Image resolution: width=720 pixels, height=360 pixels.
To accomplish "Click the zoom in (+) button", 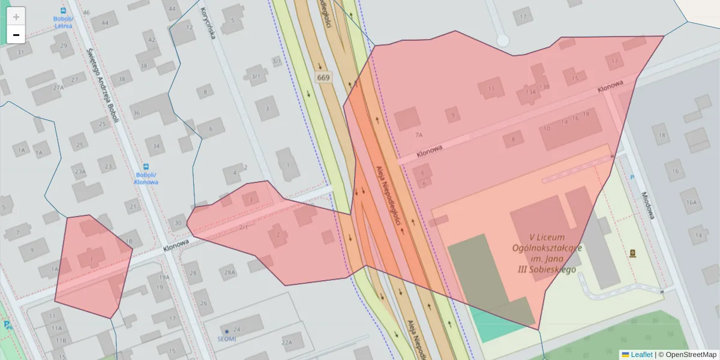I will pyautogui.click(x=16, y=16).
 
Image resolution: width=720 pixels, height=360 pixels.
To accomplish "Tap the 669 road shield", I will pyautogui.click(x=323, y=77).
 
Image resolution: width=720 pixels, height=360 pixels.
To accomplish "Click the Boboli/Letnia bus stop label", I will pyautogui.click(x=63, y=22).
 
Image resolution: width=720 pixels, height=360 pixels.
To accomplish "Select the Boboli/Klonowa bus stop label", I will pyautogui.click(x=146, y=178).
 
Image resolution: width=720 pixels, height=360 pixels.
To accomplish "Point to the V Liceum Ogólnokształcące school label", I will pyautogui.click(x=547, y=253).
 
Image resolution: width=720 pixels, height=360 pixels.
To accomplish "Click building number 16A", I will pyautogui.click(x=692, y=203).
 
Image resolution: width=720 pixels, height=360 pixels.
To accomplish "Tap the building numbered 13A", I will pyautogui.click(x=530, y=92).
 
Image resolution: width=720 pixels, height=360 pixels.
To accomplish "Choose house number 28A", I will pyautogui.click(x=230, y=273).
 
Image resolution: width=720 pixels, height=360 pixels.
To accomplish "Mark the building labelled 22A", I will pyautogui.click(x=287, y=343).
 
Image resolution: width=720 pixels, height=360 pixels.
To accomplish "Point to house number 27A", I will pyautogui.click(x=58, y=88).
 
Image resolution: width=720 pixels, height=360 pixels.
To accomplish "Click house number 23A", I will pyautogui.click(x=80, y=172).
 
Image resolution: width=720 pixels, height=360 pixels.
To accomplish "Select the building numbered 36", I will pyautogui.click(x=137, y=113).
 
